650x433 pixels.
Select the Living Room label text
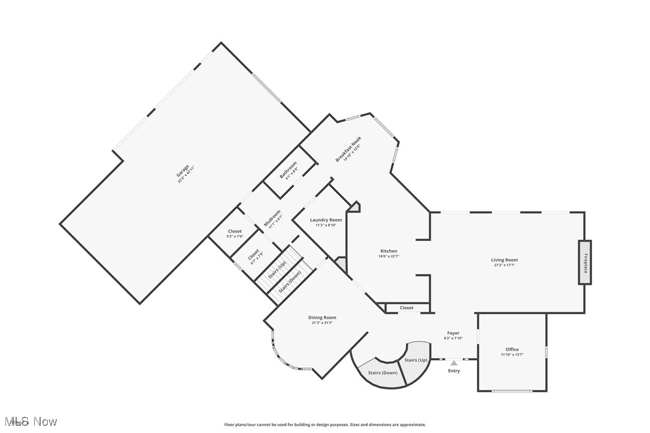[x=504, y=260]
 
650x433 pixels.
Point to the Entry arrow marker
[x=454, y=363]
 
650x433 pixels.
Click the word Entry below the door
[x=454, y=371]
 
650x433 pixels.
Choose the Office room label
[x=512, y=349]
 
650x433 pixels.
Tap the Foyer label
[x=453, y=333]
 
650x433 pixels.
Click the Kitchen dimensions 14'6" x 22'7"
[x=388, y=257]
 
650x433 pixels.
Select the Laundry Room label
[x=326, y=220]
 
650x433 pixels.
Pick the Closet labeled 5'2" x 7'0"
[x=235, y=231]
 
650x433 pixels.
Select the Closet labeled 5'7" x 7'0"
[x=254, y=255]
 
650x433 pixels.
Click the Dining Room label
[x=322, y=318]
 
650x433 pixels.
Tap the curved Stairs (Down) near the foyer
[x=381, y=373]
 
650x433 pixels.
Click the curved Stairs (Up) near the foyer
[x=415, y=360]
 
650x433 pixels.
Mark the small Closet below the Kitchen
[x=406, y=308]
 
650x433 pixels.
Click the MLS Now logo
[x=30, y=422]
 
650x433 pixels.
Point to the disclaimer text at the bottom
[x=325, y=425]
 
